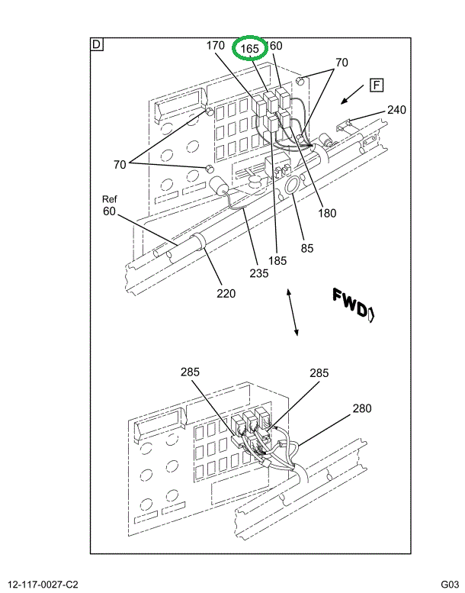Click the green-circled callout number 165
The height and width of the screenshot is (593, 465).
(250, 48)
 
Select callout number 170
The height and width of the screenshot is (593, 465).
(216, 46)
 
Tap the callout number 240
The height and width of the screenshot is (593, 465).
(396, 109)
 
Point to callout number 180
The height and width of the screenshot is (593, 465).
(327, 214)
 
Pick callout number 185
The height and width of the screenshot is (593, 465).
(277, 260)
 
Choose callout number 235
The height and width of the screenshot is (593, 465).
(258, 272)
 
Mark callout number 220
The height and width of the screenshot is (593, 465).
(226, 293)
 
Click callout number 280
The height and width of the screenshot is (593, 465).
(361, 408)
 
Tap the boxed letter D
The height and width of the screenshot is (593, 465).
(97, 44)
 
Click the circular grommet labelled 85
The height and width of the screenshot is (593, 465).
(293, 187)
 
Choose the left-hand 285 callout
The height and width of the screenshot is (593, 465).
(190, 372)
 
